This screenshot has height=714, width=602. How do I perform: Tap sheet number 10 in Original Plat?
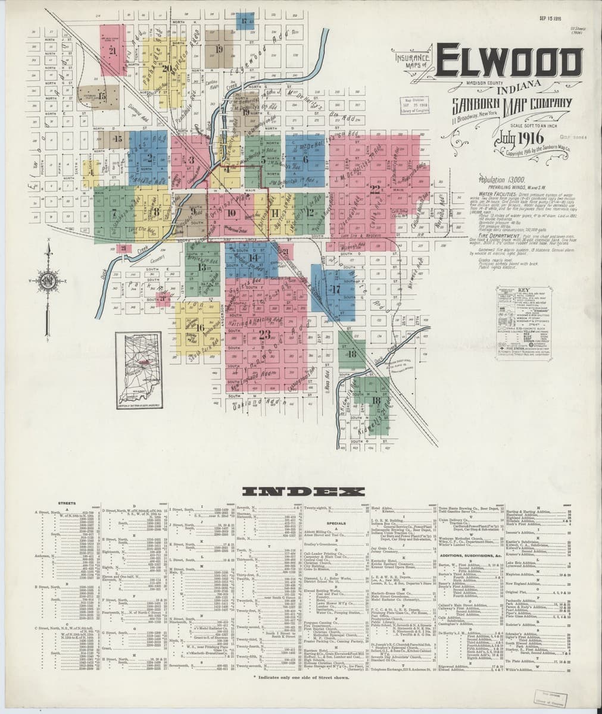coord(231,212)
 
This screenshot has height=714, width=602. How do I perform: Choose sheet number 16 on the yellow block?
coord(200,327)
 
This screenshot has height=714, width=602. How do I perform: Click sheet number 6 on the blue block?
coord(305,159)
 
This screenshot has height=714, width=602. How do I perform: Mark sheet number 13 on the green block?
coord(201,267)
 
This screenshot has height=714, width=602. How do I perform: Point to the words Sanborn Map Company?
coord(511,104)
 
